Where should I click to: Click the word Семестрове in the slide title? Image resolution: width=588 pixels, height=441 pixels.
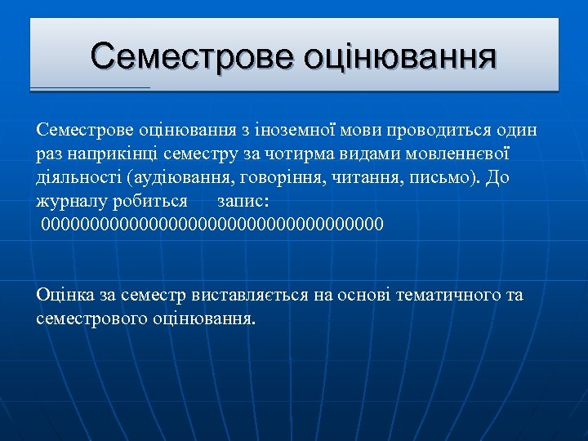[x=193, y=56]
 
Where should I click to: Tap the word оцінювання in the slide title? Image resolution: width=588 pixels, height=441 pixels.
[x=399, y=56]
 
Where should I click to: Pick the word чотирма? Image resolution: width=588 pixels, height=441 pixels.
[x=283, y=154]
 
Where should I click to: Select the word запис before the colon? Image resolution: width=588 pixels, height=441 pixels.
[x=245, y=201]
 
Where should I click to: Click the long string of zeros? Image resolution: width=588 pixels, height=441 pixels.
[x=212, y=224]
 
